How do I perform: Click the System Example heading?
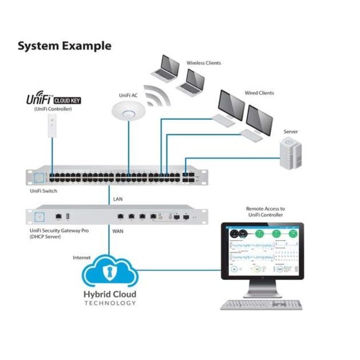65,46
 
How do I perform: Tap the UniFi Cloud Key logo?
53,99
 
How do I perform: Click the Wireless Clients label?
204,63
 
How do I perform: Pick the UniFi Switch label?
43,191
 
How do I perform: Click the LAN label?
118,199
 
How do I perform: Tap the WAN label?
118,230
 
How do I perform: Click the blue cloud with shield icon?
110,271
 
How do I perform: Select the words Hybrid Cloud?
110,294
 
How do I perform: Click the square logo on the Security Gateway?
41,216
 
